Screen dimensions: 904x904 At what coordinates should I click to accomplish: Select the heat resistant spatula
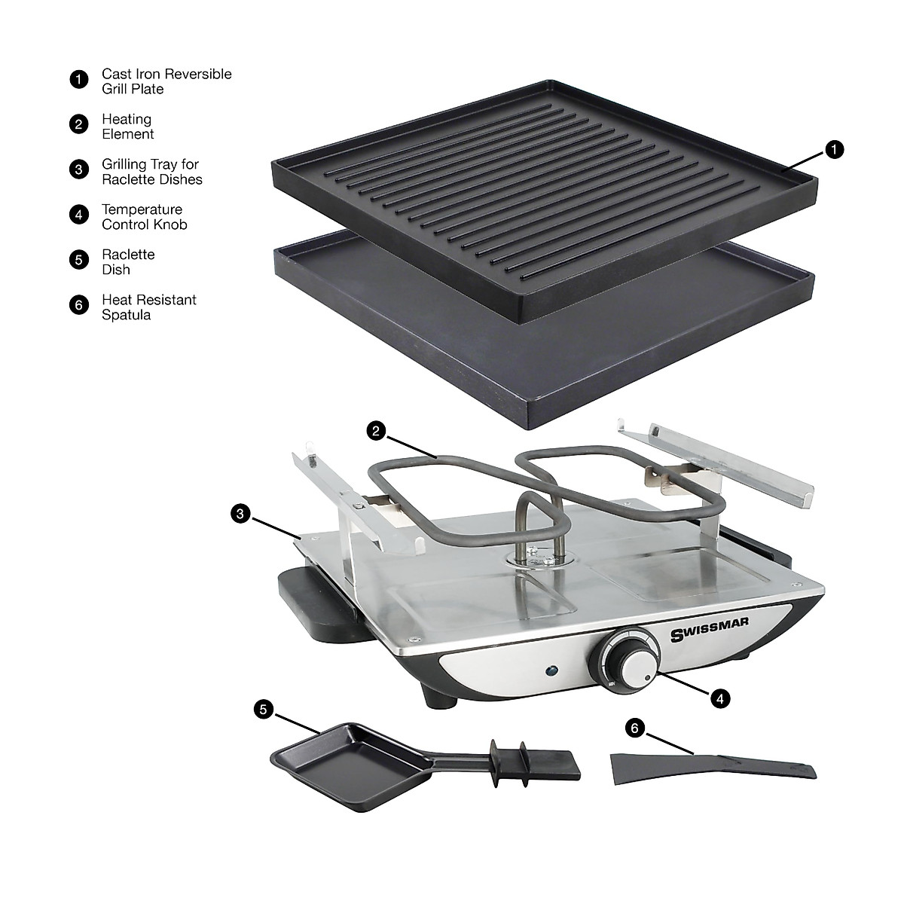pyautogui.click(x=711, y=767)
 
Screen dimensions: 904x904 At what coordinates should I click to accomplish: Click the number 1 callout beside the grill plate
pyautogui.click(x=832, y=150)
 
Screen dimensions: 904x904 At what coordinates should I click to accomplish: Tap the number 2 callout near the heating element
pyautogui.click(x=377, y=431)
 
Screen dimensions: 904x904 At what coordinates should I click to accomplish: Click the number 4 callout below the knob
pyautogui.click(x=720, y=698)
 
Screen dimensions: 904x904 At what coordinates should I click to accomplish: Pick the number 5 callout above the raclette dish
pyautogui.click(x=263, y=708)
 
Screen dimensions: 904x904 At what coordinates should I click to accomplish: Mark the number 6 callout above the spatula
pyautogui.click(x=635, y=728)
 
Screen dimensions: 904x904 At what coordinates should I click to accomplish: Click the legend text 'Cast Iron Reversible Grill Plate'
pyautogui.click(x=166, y=81)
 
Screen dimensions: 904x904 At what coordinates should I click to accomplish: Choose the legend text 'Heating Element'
pyautogui.click(x=128, y=127)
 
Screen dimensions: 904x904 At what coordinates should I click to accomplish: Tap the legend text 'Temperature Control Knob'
pyautogui.click(x=144, y=217)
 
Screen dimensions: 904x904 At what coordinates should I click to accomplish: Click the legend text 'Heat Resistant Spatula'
pyautogui.click(x=148, y=307)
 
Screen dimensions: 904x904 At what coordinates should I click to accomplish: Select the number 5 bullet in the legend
pyautogui.click(x=78, y=261)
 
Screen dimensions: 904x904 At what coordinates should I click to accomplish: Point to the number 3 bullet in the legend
pyautogui.click(x=78, y=170)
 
